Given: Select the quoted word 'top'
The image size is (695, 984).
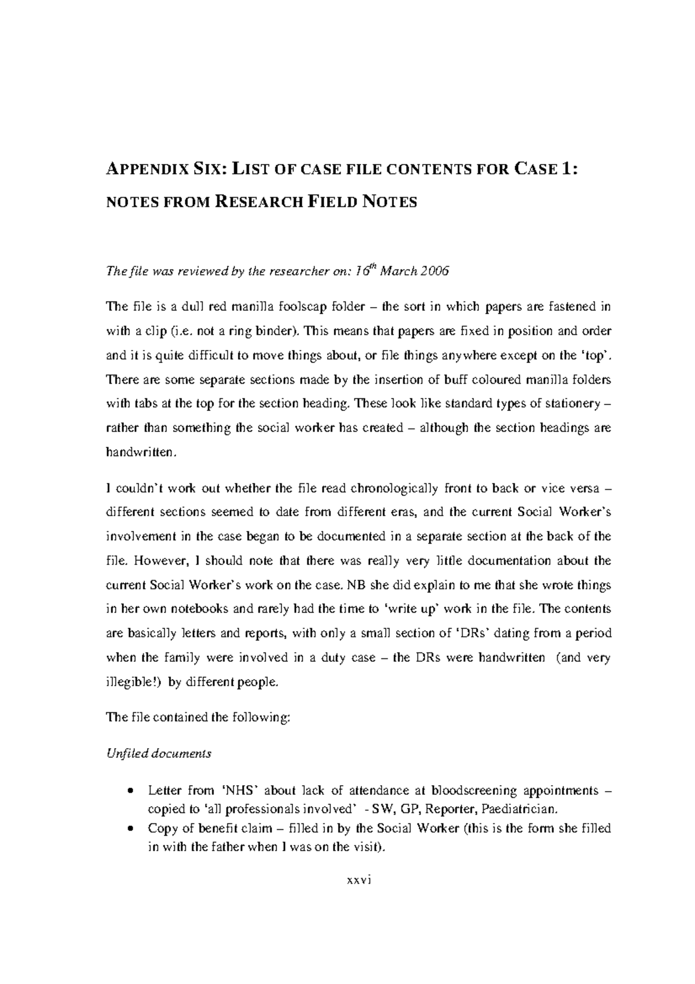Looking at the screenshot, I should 597,355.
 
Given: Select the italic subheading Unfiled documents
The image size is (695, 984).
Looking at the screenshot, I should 159,754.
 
